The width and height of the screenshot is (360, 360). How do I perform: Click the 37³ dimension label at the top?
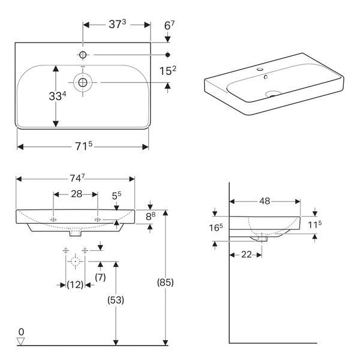[118, 24]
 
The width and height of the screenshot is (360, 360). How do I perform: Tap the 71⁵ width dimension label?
[84, 146]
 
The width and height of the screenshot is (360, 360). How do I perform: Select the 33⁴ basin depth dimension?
[58, 96]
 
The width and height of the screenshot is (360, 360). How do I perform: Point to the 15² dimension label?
[168, 71]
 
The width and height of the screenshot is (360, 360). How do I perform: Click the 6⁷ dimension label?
[169, 25]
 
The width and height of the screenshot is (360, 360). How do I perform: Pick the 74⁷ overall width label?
[77, 178]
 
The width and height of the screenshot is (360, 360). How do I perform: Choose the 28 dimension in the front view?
[76, 194]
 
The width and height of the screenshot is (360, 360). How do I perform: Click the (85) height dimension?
[166, 282]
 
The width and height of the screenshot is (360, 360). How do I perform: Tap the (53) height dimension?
[116, 300]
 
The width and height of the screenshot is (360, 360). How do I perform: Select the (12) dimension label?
[75, 285]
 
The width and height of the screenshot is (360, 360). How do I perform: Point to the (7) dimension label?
[100, 277]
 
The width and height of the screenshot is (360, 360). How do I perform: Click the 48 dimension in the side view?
[265, 202]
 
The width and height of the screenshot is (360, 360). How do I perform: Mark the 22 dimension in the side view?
[247, 254]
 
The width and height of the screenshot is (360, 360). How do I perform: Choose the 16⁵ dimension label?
[216, 227]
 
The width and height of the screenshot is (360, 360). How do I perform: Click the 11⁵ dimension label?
[315, 224]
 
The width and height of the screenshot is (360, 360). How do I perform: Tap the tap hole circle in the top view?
[83, 55]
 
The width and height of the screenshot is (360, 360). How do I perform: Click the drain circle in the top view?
[83, 82]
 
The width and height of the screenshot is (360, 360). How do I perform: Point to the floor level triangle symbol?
[21, 341]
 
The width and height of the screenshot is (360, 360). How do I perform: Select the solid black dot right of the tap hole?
[168, 55]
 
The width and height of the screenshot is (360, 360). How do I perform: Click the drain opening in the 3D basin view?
[273, 94]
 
